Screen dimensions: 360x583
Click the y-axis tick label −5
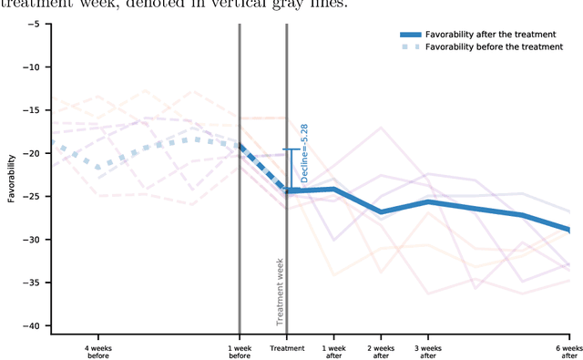34,24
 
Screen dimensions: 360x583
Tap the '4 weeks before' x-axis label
97,352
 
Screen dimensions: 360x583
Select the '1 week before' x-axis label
239,352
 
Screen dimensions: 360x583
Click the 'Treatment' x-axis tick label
286,348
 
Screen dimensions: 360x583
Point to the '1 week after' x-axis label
333,352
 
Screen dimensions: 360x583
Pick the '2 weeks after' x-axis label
381,352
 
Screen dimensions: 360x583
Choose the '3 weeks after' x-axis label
427,352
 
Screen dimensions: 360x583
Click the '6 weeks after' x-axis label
568,352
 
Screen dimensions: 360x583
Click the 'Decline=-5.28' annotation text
304,154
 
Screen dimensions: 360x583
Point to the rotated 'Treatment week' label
281,291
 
